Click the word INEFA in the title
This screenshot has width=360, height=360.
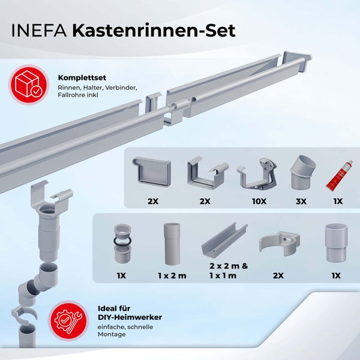click(x=38, y=30)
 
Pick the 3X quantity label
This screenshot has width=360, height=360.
click(x=300, y=201)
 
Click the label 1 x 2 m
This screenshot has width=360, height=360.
click(x=172, y=275)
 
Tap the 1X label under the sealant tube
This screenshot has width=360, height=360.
click(x=338, y=201)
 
